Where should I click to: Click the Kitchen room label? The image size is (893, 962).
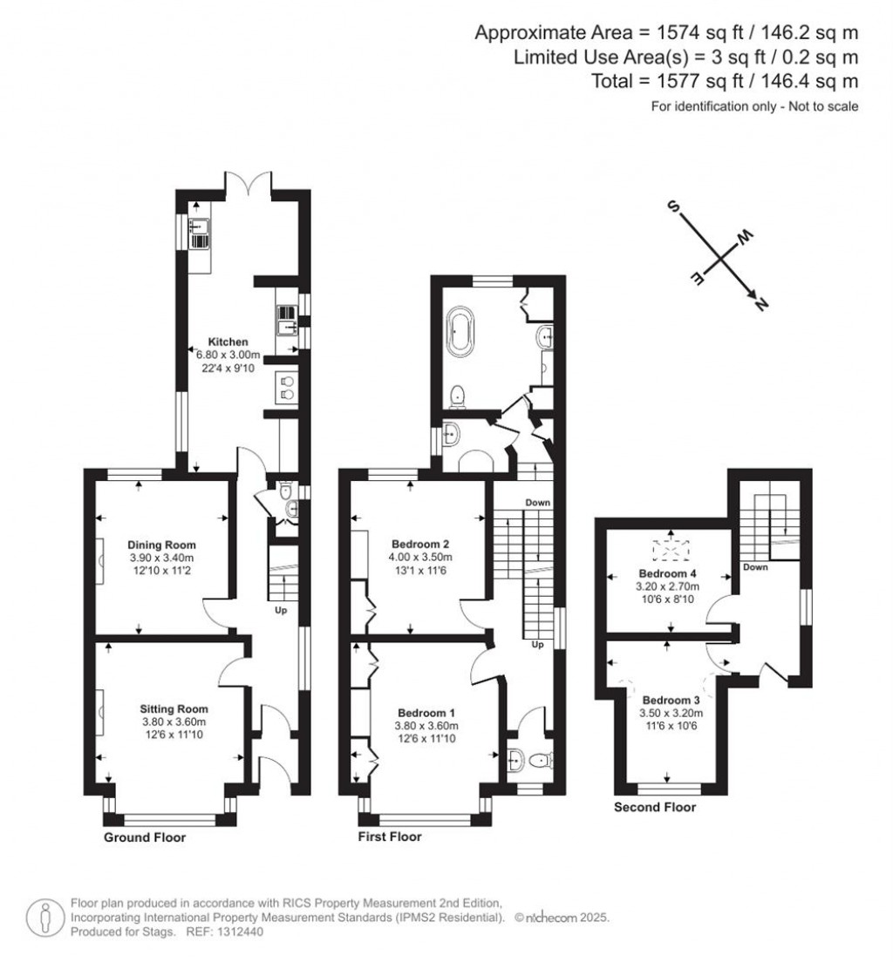click(x=228, y=342)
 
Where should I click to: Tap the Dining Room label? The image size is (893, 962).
click(x=161, y=545)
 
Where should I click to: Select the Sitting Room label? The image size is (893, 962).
click(x=174, y=708)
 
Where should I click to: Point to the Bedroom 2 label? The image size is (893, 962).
click(x=420, y=544)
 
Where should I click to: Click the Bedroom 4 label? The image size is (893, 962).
click(x=668, y=573)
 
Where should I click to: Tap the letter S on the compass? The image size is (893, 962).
click(x=674, y=207)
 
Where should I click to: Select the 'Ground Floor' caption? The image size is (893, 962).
click(x=145, y=837)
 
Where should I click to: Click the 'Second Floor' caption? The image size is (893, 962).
click(x=655, y=807)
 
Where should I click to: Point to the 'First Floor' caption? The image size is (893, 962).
click(x=390, y=837)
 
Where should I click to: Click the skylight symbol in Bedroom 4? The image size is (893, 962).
click(x=671, y=551)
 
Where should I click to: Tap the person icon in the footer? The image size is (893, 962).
click(x=44, y=917)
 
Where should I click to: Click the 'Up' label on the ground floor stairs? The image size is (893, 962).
click(x=281, y=611)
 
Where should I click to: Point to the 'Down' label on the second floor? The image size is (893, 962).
click(x=755, y=567)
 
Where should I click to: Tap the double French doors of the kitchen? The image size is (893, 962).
click(x=248, y=184)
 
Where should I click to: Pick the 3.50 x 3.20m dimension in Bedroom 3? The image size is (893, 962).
click(x=671, y=713)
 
